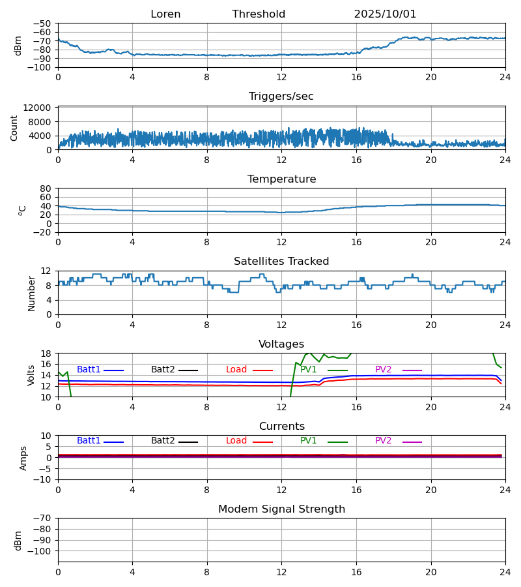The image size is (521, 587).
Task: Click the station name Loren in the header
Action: click(165, 14)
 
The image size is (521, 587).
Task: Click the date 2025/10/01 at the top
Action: click(385, 14)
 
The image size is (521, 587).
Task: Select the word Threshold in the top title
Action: click(259, 14)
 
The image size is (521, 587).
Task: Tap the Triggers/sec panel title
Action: click(281, 97)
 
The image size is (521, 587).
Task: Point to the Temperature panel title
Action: click(281, 179)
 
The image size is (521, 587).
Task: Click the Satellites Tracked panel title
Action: click(281, 262)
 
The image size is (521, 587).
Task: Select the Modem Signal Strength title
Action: click(281, 509)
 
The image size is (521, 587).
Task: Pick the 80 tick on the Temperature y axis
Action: click(46, 188)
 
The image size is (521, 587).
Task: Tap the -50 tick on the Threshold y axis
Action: click(43, 23)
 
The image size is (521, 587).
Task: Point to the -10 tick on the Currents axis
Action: click(43, 479)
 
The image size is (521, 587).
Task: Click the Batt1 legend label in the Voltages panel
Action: click(89, 370)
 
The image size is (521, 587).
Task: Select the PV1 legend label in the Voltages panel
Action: click(309, 370)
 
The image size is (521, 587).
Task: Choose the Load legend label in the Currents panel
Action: click(236, 441)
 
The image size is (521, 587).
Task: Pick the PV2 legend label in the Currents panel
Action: click(384, 441)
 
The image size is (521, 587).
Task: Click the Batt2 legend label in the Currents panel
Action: click(163, 441)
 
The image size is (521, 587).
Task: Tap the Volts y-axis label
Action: click(31, 375)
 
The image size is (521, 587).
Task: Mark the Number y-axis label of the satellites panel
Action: click(31, 293)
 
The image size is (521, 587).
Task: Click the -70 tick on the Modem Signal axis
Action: click(43, 519)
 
